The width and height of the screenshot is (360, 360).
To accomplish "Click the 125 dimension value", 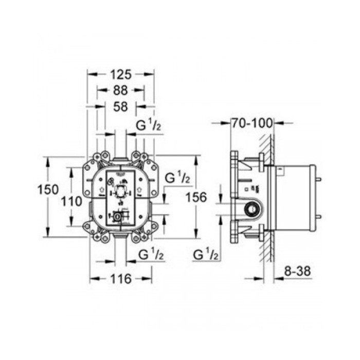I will pyautogui.click(x=121, y=74).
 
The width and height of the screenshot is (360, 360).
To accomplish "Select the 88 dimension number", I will pyautogui.click(x=120, y=90).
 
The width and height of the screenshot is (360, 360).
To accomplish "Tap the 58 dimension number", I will pyautogui.click(x=120, y=106).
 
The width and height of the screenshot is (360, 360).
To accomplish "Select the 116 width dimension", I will pyautogui.click(x=121, y=279).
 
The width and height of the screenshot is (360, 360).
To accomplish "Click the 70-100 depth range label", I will pyautogui.click(x=253, y=123).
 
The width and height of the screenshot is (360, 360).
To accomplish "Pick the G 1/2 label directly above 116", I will pyautogui.click(x=151, y=254).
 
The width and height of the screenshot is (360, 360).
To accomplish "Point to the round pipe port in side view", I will pyautogui.click(x=252, y=209).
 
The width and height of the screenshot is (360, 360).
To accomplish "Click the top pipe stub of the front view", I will pyautogui.click(x=119, y=158).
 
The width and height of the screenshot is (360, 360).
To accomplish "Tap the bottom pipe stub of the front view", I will pyautogui.click(x=119, y=235).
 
